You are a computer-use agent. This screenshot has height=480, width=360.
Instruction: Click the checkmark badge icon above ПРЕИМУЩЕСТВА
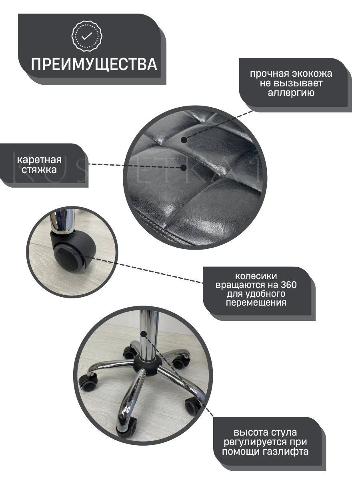[x=87, y=36]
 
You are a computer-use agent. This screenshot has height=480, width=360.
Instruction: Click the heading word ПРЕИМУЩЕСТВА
[x=94, y=64]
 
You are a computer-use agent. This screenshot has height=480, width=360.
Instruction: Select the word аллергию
[x=291, y=93]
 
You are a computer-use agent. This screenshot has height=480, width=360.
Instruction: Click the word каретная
[x=39, y=160]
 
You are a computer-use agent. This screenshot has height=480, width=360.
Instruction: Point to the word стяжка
[x=39, y=170]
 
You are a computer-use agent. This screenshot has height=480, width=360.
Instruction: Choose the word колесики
[x=256, y=276]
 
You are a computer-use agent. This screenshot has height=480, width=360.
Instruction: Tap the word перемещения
[x=256, y=303]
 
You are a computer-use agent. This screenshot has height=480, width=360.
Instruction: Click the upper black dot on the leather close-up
[x=184, y=140]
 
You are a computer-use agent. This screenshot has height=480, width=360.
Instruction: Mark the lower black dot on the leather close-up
[x=183, y=168]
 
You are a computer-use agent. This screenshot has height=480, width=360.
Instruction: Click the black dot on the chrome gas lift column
[x=144, y=340]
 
